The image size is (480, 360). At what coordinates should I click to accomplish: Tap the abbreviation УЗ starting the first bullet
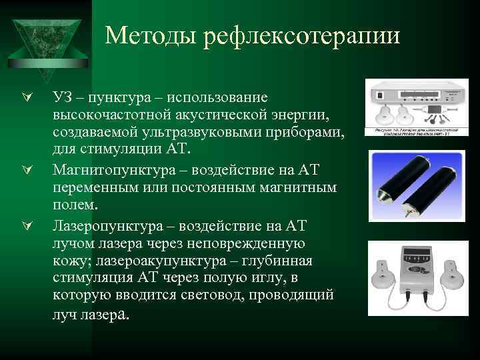coord(62,98)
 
